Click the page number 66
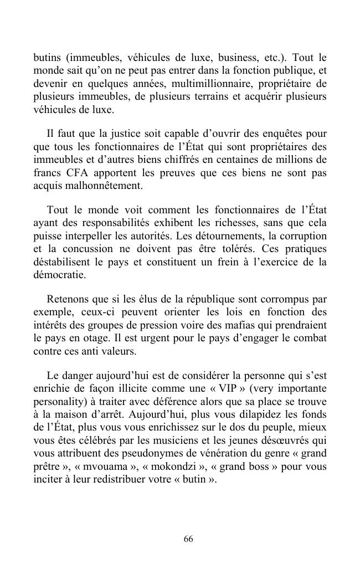pyautogui.click(x=188, y=539)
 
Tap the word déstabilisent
pyautogui.click(x=60, y=262)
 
